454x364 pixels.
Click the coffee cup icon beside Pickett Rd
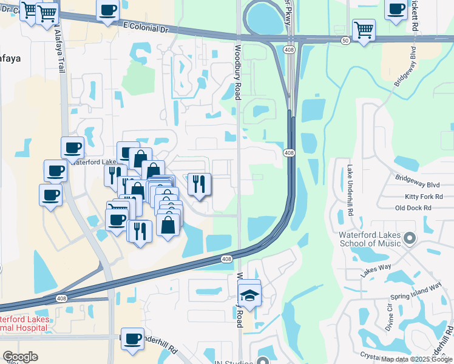tap(396, 9)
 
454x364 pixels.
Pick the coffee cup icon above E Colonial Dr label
tap(108, 10)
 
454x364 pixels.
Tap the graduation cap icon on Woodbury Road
tap(249, 295)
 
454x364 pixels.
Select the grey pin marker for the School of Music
tap(410, 237)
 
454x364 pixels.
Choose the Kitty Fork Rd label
tap(424, 197)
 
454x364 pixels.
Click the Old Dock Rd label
tap(413, 207)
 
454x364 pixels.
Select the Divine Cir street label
tap(389, 315)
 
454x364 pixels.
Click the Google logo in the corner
tap(20, 357)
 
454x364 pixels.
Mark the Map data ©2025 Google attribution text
tap(416, 359)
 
